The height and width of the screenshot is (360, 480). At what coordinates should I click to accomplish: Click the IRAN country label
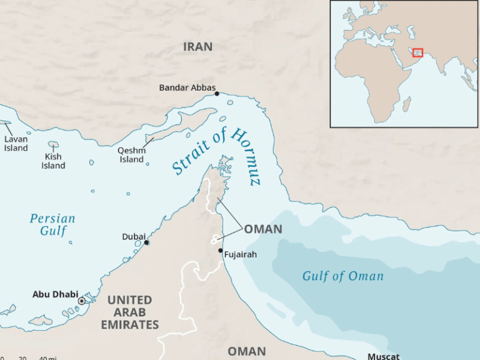click(x=197, y=47)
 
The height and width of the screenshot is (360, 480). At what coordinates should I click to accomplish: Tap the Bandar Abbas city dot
click(x=217, y=94)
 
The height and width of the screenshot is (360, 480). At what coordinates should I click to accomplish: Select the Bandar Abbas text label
click(x=187, y=87)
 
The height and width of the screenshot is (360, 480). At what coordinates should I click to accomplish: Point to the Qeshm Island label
click(x=131, y=154)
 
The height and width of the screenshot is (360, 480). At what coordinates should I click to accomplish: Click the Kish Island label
click(x=53, y=161)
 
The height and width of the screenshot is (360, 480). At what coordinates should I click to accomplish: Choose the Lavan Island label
click(x=16, y=144)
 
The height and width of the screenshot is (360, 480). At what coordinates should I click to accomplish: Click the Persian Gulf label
click(x=52, y=225)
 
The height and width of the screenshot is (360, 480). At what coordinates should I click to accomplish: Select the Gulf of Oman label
click(x=342, y=276)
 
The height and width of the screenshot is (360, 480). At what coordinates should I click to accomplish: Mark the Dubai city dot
click(x=146, y=242)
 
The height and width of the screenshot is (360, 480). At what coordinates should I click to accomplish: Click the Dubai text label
click(x=133, y=236)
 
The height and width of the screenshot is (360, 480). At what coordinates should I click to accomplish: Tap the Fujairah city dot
click(x=220, y=251)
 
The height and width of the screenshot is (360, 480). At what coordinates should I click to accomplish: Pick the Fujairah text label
click(x=240, y=254)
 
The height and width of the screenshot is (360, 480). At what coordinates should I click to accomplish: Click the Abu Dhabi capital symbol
click(x=81, y=301)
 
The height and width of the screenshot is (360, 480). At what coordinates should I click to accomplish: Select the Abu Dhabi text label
click(x=55, y=294)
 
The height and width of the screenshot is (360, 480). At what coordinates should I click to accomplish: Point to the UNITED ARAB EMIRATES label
click(x=129, y=312)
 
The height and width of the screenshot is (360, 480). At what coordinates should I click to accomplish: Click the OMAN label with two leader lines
click(x=262, y=229)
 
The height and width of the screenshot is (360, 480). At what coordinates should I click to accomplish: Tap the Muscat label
click(x=383, y=356)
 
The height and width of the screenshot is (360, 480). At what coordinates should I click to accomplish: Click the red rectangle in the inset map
click(x=418, y=52)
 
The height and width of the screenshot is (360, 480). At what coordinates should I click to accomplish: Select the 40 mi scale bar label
click(x=47, y=357)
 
